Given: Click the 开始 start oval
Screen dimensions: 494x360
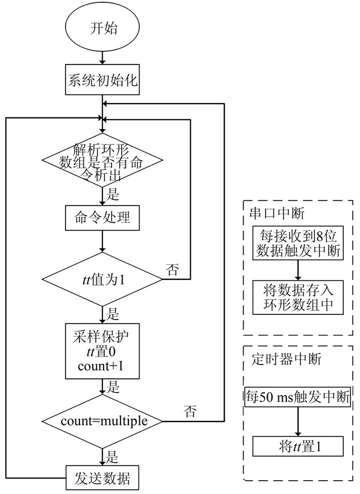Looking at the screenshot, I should point(103,28).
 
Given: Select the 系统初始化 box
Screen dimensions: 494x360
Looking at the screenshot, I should point(103,79).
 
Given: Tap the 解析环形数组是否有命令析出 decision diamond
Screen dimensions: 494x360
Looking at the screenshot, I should point(103,157).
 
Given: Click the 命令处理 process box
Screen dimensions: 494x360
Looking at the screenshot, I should point(103,218).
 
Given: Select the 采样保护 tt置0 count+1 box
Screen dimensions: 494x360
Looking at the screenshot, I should point(103,349).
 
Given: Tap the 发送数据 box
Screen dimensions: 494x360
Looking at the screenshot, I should point(103,477).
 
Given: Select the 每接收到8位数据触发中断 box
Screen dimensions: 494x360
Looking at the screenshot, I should point(297,244).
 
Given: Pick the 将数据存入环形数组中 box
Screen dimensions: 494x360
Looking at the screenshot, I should point(297,298).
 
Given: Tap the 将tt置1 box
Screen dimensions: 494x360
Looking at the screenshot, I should point(297,446).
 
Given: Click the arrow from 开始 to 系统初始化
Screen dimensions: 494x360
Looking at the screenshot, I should point(103,56).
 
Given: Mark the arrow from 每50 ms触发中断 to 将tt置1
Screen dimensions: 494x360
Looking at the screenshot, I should point(297,421).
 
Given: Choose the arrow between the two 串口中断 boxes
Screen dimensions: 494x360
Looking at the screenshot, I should point(297,269).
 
